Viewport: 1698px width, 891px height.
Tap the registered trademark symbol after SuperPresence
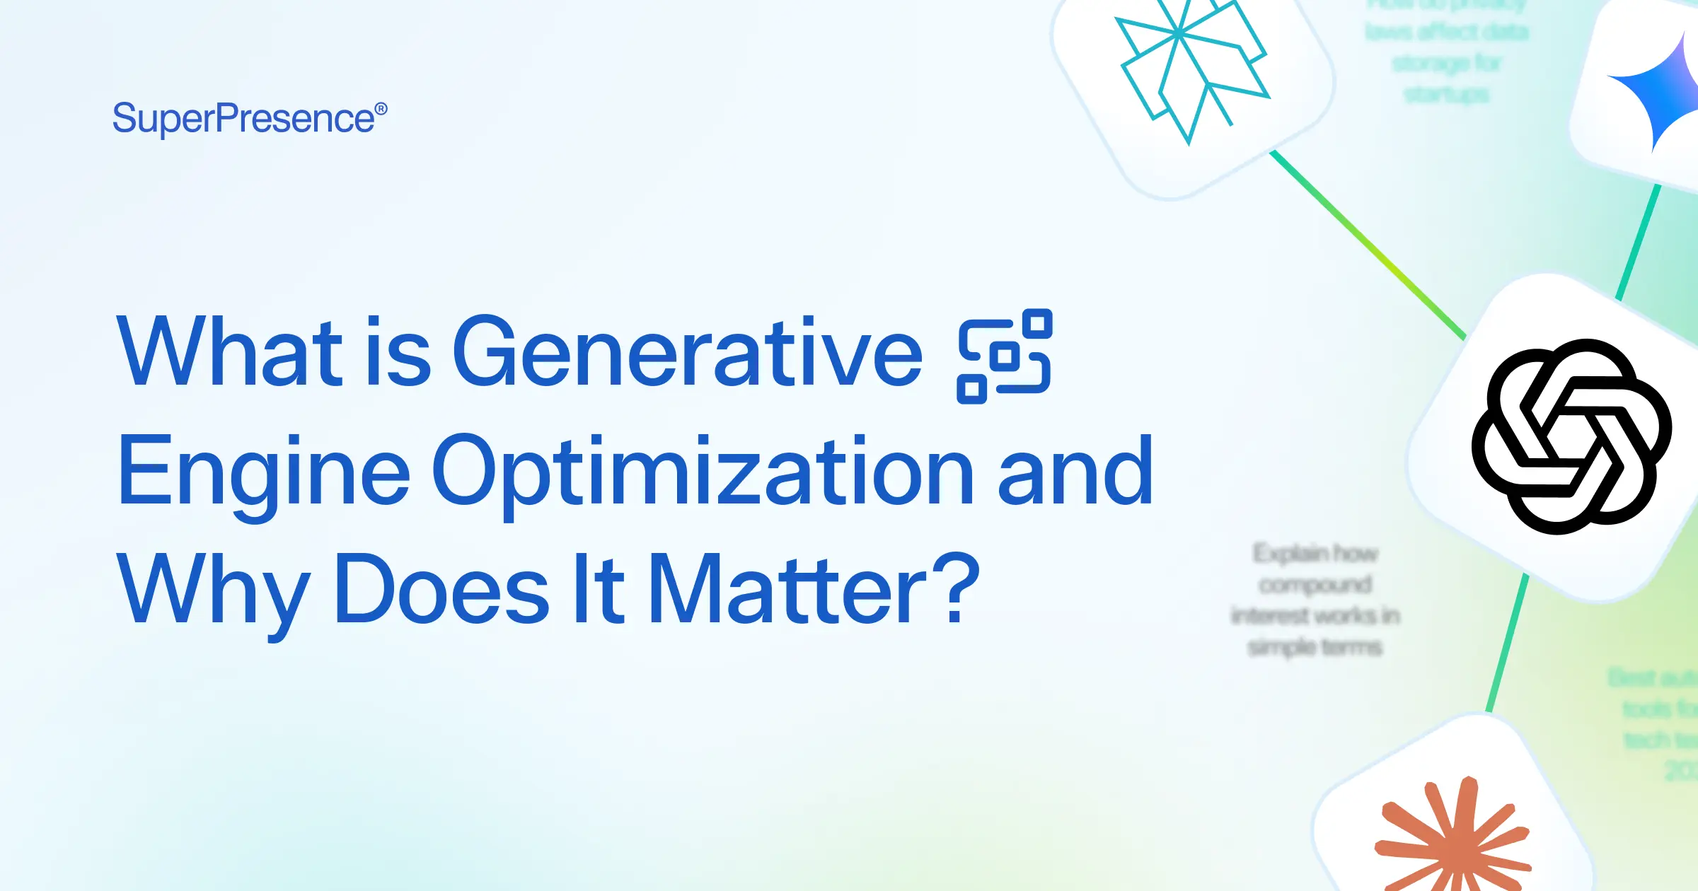[381, 109]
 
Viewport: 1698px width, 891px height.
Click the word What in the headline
[229, 351]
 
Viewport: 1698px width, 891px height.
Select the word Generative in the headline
[687, 351]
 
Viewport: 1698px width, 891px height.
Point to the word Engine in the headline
[263, 472]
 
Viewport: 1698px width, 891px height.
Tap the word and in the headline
[1075, 472]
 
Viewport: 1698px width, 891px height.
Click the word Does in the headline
[441, 590]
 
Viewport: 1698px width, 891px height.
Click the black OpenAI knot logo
[1571, 436]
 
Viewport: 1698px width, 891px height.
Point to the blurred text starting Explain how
[1315, 553]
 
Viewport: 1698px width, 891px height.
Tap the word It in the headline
[599, 590]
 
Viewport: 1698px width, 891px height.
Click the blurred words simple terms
[1315, 647]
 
